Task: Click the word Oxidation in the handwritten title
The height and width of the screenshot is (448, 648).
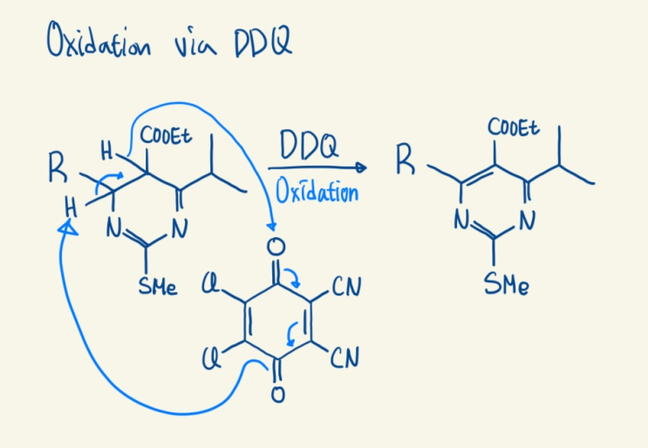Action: [x=99, y=40]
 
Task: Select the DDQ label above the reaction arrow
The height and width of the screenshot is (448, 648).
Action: [x=309, y=145]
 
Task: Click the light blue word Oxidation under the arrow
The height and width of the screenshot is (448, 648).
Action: [x=317, y=191]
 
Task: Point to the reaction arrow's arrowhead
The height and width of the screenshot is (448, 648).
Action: [x=361, y=167]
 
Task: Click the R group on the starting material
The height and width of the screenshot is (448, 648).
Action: [x=58, y=166]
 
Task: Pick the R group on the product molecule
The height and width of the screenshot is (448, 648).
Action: [x=405, y=159]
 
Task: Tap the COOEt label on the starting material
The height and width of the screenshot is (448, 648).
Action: [x=166, y=135]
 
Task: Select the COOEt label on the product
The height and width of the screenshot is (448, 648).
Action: [x=514, y=126]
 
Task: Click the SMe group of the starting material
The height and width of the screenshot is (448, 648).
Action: [x=158, y=286]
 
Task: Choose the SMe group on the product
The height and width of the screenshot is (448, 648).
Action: [x=506, y=284]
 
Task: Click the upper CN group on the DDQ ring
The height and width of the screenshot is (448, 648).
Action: [x=346, y=287]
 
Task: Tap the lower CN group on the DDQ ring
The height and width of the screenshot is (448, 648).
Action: [x=344, y=357]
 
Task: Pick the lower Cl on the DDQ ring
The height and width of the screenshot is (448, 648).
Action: [x=211, y=358]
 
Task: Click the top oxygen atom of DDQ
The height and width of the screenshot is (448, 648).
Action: [x=276, y=247]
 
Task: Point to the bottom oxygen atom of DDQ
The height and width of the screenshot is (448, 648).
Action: [x=277, y=393]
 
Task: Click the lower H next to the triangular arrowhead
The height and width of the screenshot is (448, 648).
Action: [x=72, y=207]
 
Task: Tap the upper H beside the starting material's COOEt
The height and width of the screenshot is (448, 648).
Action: [x=106, y=151]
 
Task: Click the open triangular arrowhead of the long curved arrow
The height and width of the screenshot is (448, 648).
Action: [x=68, y=227]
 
